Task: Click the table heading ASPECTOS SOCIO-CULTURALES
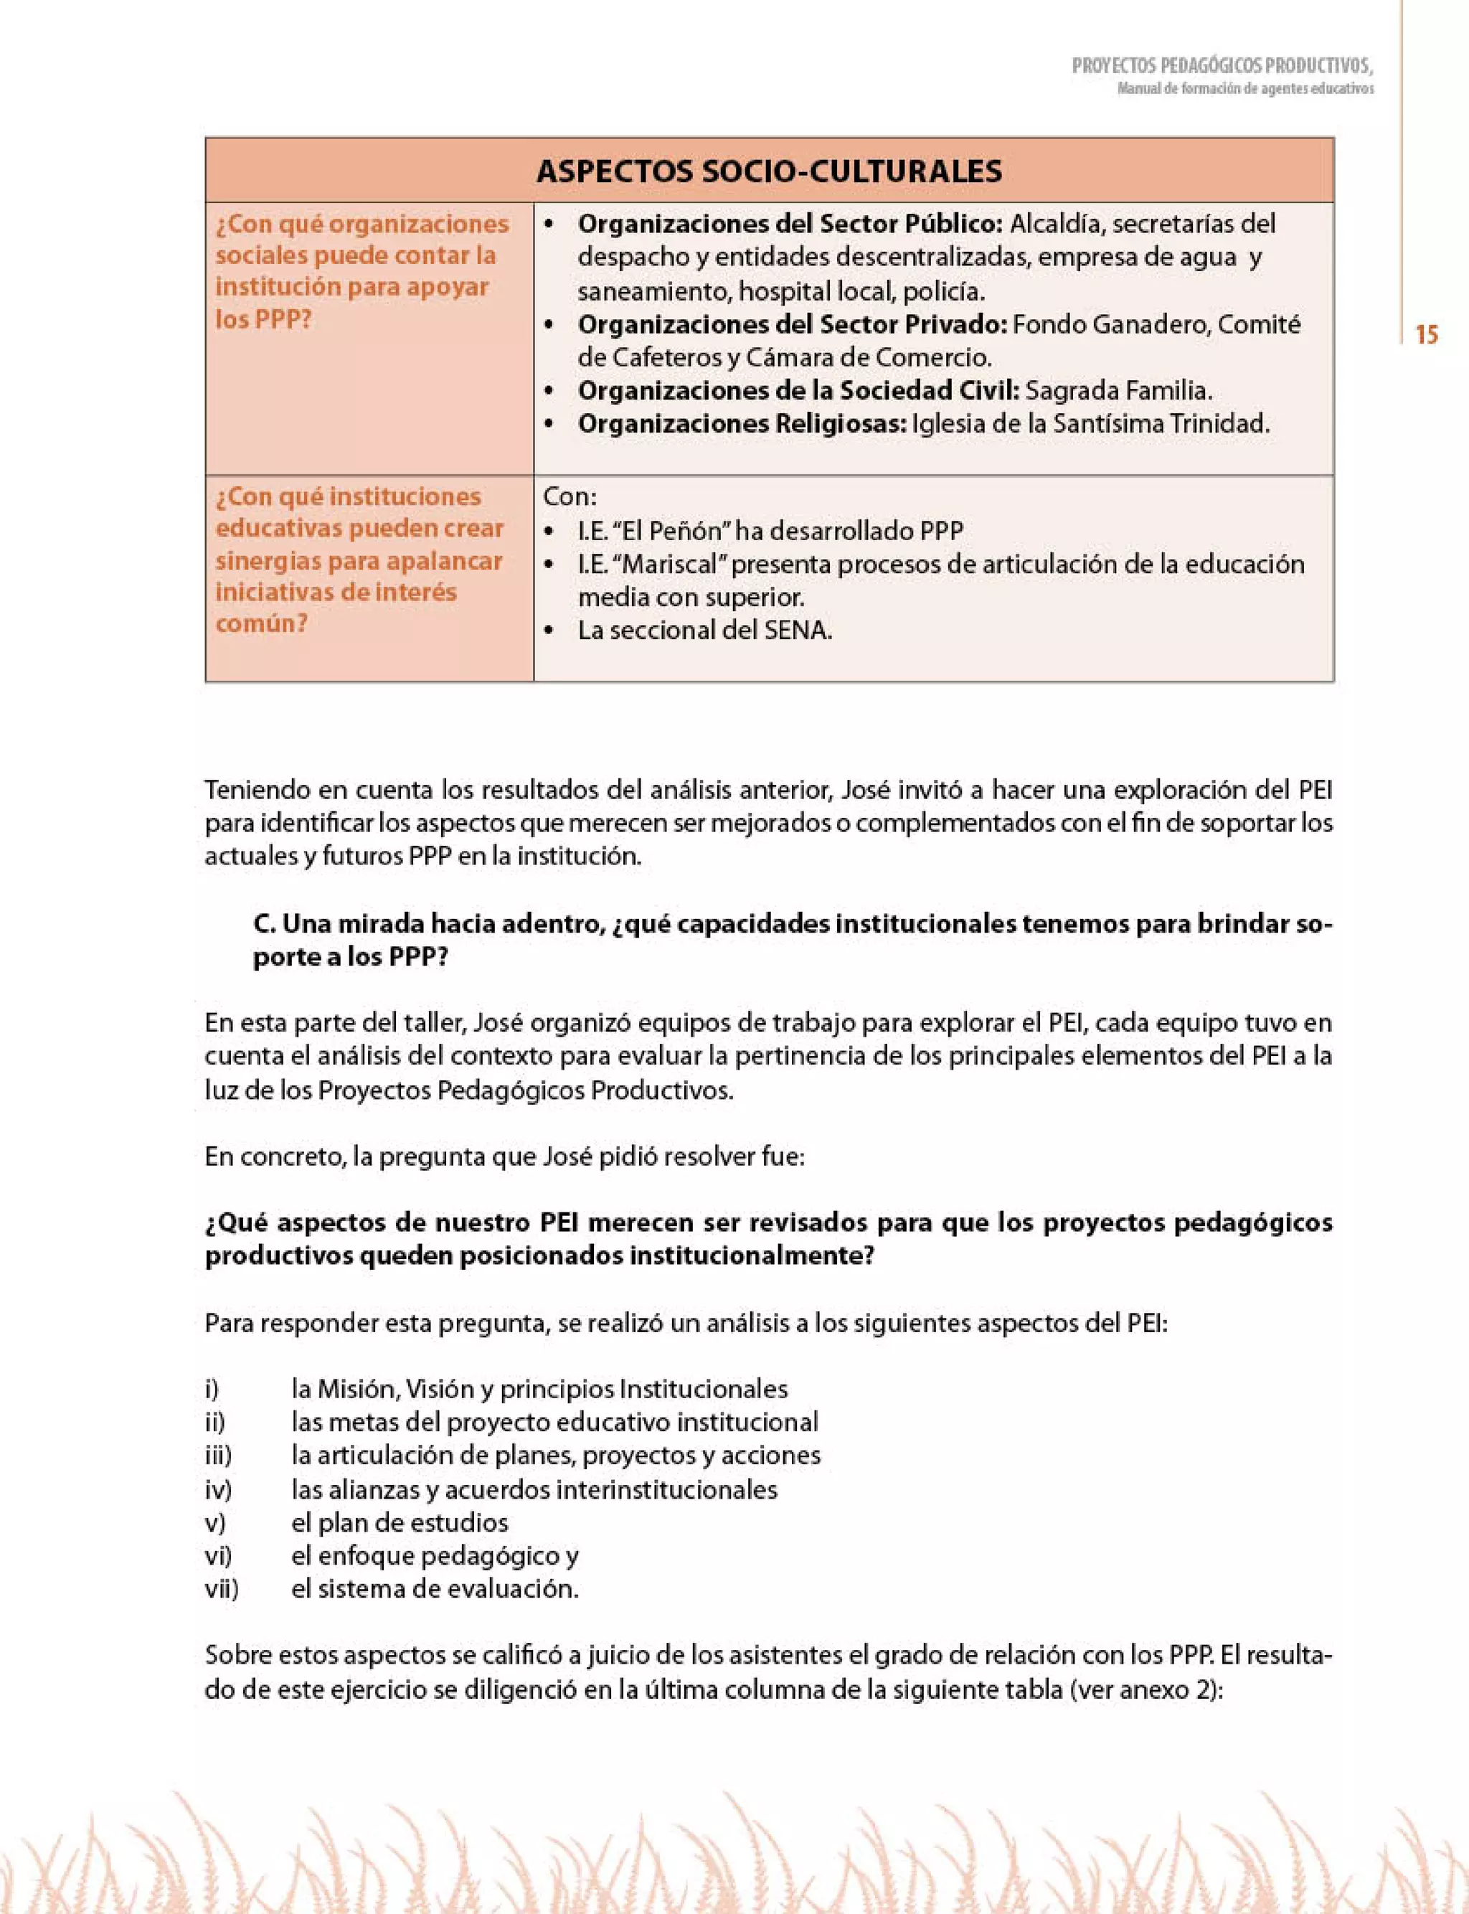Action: tap(769, 171)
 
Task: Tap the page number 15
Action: tap(1426, 335)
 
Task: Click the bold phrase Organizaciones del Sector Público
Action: tap(790, 224)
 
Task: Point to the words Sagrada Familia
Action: tap(1118, 390)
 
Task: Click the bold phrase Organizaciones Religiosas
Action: tap(742, 424)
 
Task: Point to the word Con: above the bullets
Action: tap(570, 496)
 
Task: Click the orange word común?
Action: tap(261, 623)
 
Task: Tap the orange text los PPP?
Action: tap(263, 319)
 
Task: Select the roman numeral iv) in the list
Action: tap(218, 1489)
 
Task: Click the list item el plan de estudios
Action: tap(400, 1522)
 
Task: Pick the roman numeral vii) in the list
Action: tap(221, 1589)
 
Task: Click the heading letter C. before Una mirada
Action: tap(264, 924)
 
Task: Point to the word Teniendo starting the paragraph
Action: tap(256, 790)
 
